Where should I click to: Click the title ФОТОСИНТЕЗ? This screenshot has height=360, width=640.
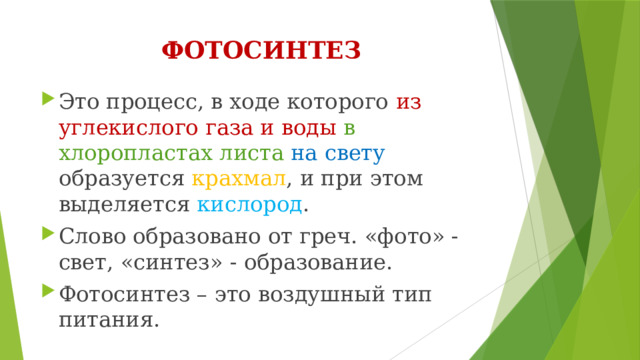tap(261, 50)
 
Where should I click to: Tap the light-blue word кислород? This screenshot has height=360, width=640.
tap(249, 205)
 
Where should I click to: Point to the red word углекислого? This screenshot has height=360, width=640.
tap(115, 127)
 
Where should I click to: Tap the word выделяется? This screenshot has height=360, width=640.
tap(124, 205)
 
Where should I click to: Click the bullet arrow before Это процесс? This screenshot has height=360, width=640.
tap(47, 99)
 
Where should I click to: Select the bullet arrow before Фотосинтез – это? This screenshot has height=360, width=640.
tap(47, 295)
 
